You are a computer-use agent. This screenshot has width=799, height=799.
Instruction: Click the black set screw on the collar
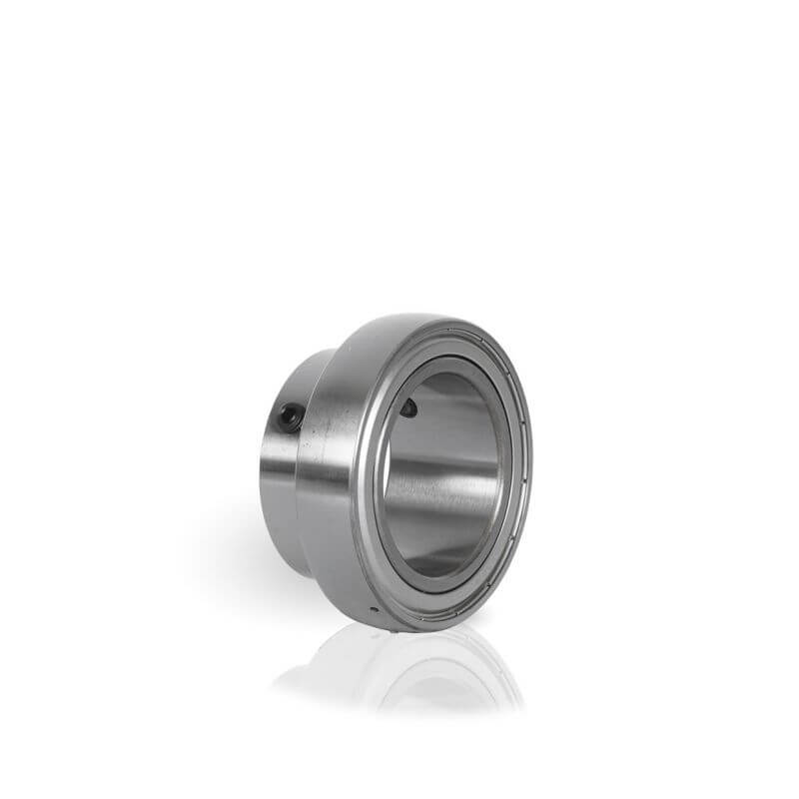[x=290, y=418]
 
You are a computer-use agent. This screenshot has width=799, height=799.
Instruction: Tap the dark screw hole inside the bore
[x=407, y=406]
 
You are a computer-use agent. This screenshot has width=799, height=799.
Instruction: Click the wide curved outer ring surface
[x=335, y=469]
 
